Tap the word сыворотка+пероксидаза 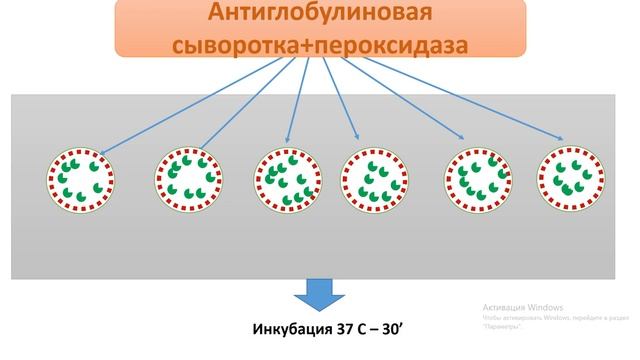(x=320, y=44)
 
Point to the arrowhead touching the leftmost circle (x=104, y=153)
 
